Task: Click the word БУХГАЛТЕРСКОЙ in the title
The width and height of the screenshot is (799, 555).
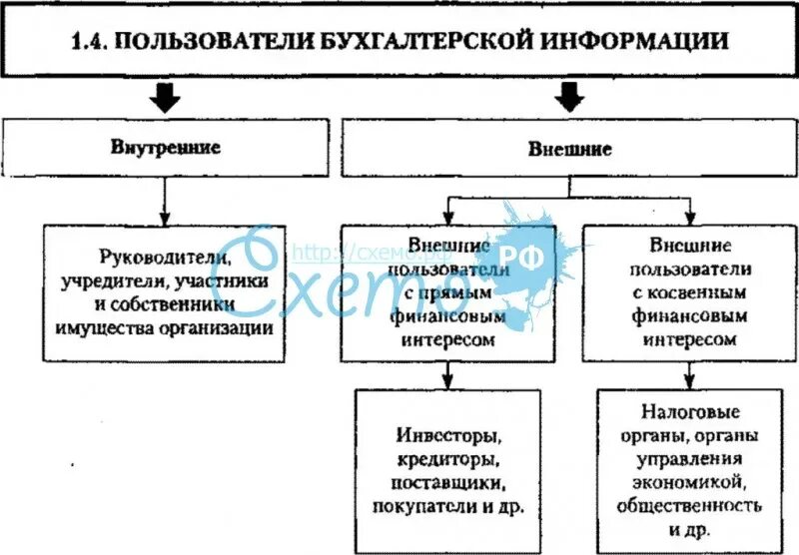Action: pos(417,42)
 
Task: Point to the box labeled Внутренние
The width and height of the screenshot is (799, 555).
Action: pos(166,149)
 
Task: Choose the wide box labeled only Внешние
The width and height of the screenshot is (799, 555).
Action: pos(569,150)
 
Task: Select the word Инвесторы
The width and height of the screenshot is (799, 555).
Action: pos(447,437)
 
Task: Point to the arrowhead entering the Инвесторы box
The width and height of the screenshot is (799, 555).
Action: pos(447,382)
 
